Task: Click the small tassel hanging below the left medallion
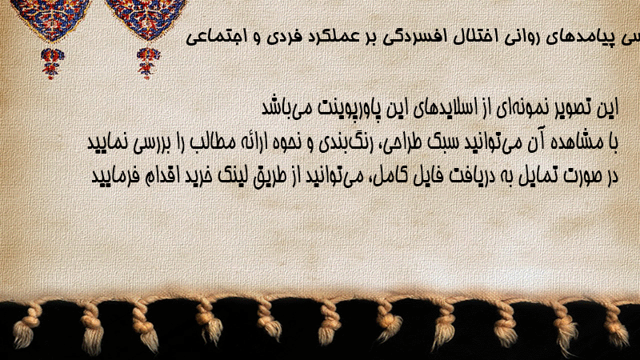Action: coord(52,64)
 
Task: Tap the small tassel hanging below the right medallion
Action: coord(148,63)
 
